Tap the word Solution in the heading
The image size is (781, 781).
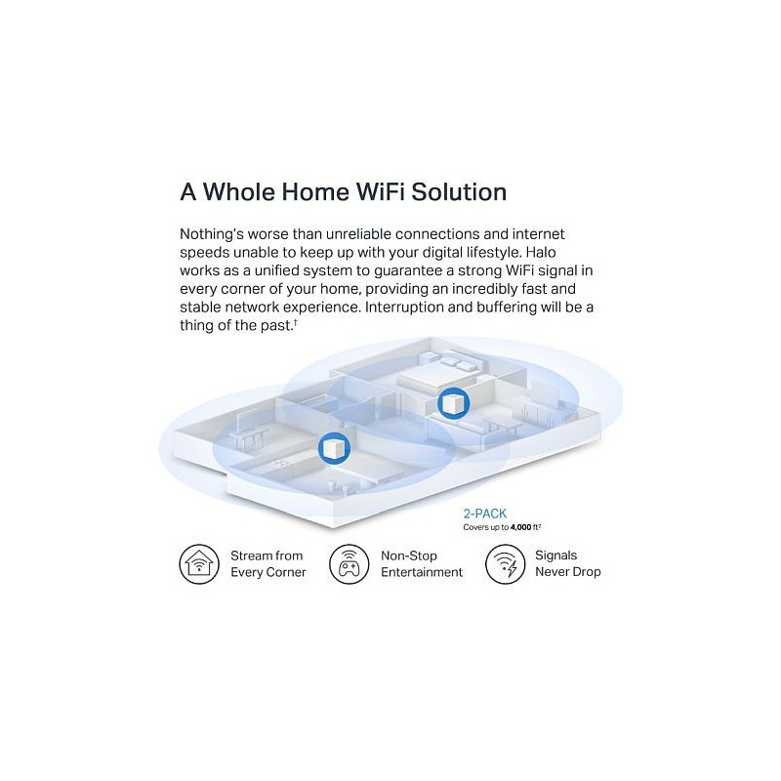459,191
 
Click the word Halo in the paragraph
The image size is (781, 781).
541,252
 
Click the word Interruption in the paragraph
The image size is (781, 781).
404,308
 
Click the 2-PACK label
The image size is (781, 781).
484,514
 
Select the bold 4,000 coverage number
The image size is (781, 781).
520,527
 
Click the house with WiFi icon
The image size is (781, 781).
199,564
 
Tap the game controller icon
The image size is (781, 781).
349,564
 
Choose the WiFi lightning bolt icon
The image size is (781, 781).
505,564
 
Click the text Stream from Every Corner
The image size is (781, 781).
267,564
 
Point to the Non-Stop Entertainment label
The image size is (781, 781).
422,564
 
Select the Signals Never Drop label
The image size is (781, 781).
568,563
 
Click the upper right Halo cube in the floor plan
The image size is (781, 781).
453,403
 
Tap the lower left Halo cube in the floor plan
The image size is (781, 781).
334,448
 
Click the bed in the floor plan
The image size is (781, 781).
438,371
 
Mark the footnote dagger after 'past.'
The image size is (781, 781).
296,322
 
